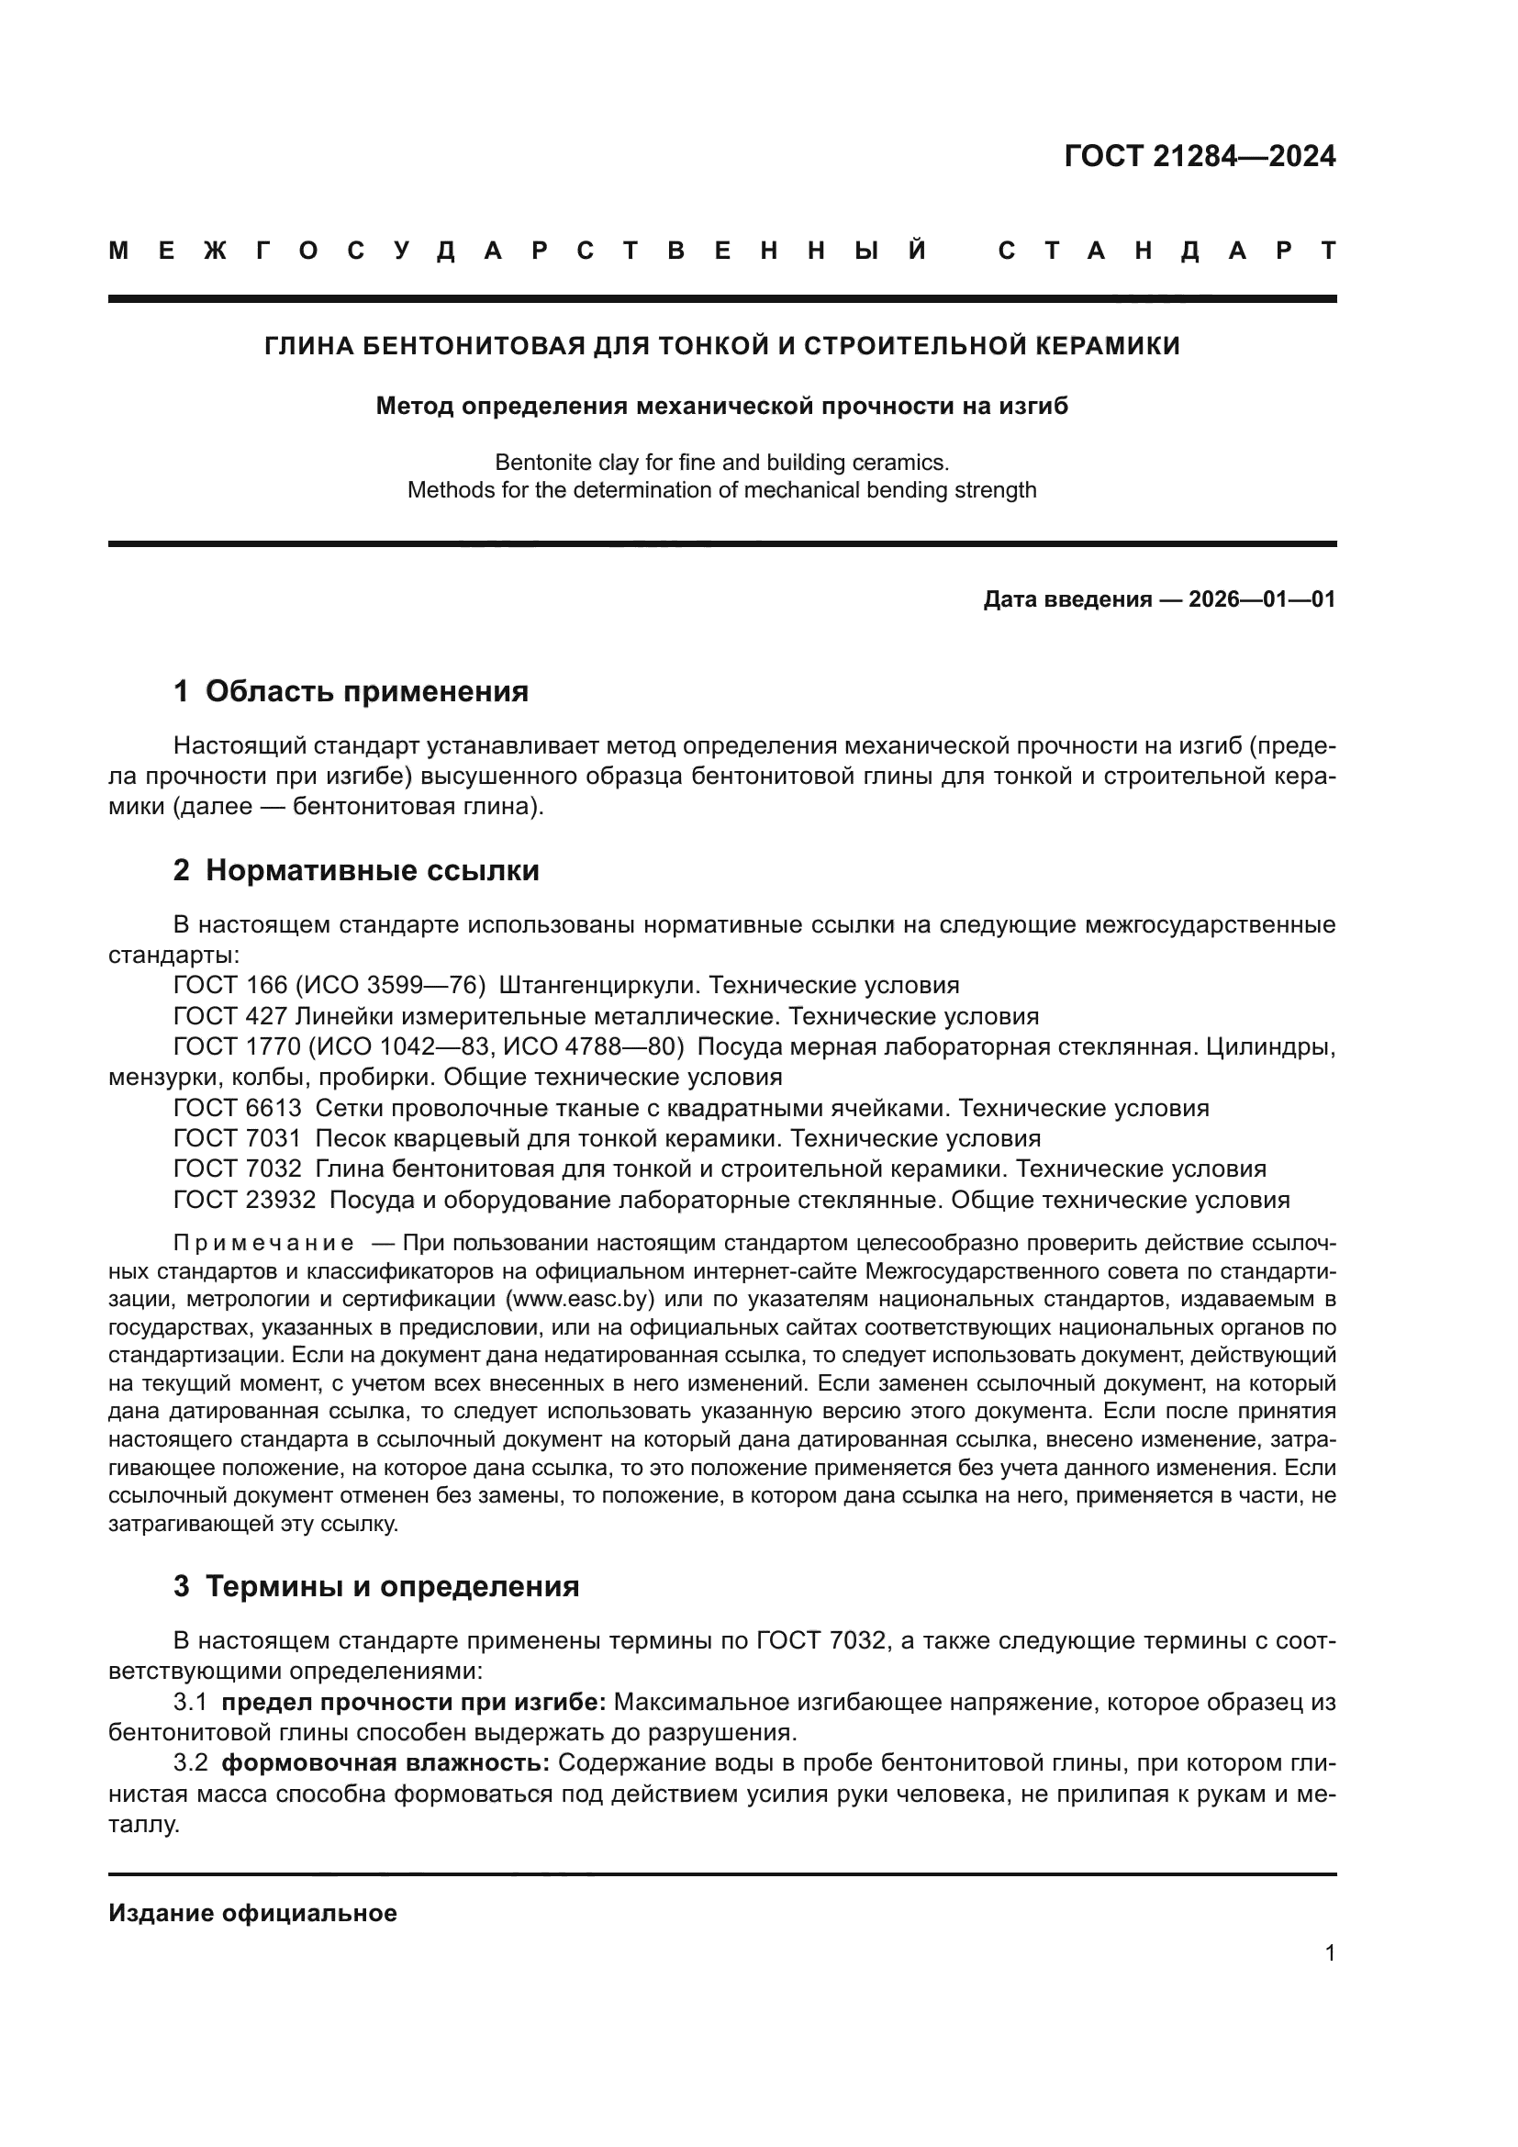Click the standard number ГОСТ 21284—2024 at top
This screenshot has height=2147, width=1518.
pos(1200,156)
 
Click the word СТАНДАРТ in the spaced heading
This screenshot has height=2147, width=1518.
pos(1167,252)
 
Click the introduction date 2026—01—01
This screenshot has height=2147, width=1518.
pos(1261,599)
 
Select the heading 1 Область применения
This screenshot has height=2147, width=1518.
pos(351,691)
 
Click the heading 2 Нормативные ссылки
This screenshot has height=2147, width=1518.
pos(356,869)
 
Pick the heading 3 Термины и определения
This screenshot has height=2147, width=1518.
pos(375,1586)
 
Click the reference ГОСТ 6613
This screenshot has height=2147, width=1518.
pos(238,1108)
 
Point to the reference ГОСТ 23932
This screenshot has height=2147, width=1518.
pos(244,1200)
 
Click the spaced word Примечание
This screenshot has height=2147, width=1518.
pos(262,1243)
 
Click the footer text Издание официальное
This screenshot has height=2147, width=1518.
pos(252,1913)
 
